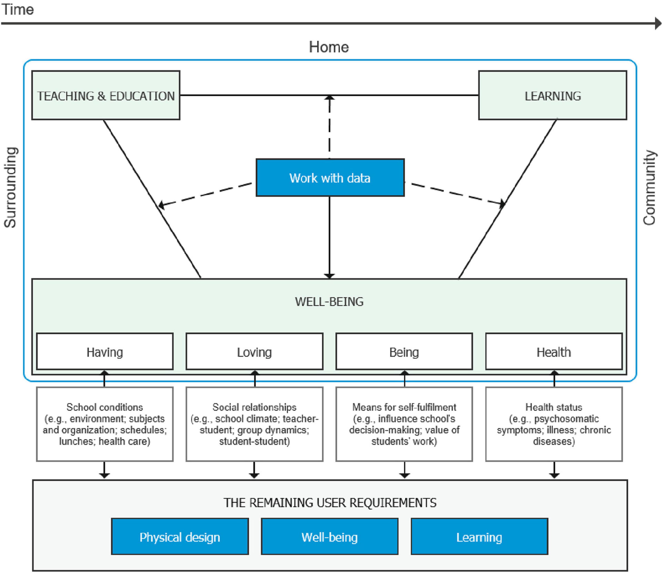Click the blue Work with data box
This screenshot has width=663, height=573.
coord(330,178)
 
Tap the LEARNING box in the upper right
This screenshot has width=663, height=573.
coord(553,95)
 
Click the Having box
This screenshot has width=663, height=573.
coord(105,351)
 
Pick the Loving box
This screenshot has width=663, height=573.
coord(254,351)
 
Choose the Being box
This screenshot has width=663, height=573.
coord(404,351)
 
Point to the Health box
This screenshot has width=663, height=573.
coord(554,351)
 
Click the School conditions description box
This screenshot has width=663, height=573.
coord(105,424)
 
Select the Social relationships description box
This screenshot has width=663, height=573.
coord(254,424)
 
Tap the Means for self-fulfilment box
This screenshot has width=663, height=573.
coord(404,424)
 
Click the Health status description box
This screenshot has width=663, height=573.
coord(554,424)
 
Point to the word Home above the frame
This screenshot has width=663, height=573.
coord(329,47)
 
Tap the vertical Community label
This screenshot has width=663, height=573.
coord(650,187)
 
